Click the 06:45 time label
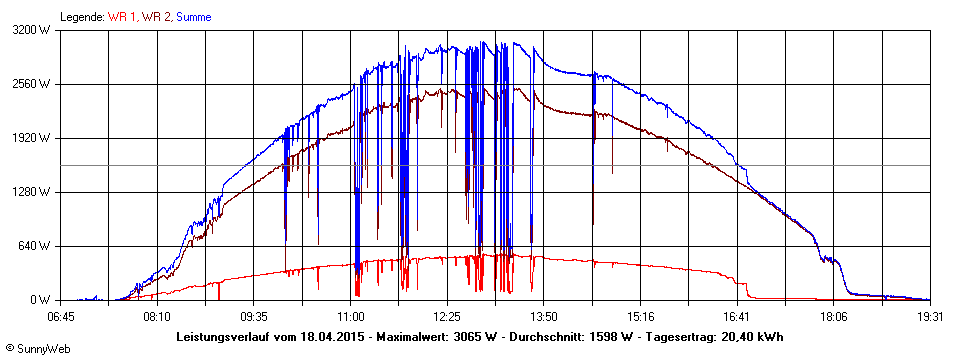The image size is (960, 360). coord(62,315)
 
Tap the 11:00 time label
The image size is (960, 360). coord(350,315)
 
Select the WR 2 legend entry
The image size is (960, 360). coord(155,17)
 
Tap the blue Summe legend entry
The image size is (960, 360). coord(194,17)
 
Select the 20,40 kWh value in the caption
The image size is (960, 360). coord(751,336)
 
